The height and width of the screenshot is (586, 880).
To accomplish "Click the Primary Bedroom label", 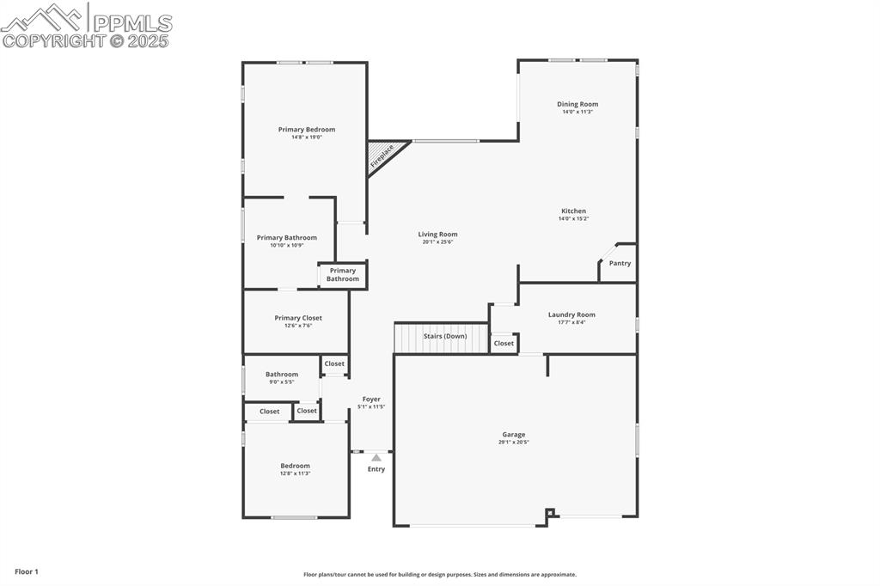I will pyautogui.click(x=307, y=130).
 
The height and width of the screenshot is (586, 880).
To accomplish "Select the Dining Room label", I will pyautogui.click(x=577, y=104).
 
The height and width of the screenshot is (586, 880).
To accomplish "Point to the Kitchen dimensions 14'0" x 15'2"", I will pyautogui.click(x=573, y=219).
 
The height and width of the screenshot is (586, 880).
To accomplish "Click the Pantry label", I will pyautogui.click(x=620, y=264).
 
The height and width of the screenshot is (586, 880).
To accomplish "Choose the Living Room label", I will pyautogui.click(x=437, y=235).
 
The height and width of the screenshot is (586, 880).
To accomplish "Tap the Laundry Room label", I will pyautogui.click(x=571, y=314).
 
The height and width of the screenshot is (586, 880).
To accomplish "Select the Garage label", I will pyautogui.click(x=514, y=435).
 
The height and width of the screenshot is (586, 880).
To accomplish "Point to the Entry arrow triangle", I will pyautogui.click(x=376, y=458).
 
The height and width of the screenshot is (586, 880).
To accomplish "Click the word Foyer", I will pyautogui.click(x=371, y=400).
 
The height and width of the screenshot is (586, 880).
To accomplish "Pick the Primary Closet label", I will pyautogui.click(x=298, y=318).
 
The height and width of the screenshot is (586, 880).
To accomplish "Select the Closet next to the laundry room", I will pyautogui.click(x=504, y=344).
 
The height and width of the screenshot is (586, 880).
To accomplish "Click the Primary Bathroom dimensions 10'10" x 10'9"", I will pyautogui.click(x=286, y=246).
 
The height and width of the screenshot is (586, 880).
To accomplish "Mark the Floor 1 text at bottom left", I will pyautogui.click(x=27, y=571).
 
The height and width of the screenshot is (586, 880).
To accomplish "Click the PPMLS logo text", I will pyautogui.click(x=132, y=23).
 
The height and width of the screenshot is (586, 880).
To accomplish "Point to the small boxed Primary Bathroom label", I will pyautogui.click(x=342, y=275).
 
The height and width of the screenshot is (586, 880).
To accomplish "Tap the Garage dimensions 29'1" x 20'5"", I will pyautogui.click(x=514, y=443).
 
